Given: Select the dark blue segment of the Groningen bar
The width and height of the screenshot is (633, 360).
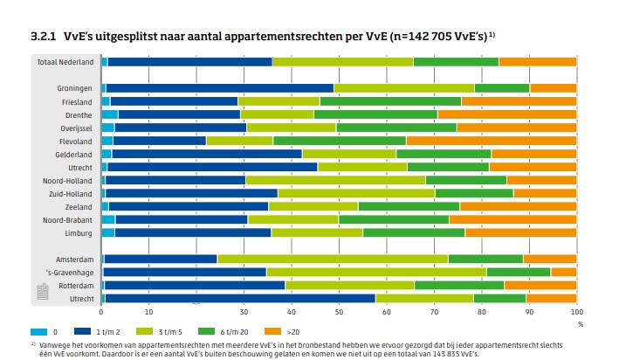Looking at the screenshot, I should coord(219,87).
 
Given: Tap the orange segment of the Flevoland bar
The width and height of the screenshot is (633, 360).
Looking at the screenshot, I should coord(491,140).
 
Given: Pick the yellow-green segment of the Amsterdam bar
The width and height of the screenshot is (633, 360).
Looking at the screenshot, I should coord(332,259).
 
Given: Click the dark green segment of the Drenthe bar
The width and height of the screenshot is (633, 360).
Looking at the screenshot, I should coord(375,114).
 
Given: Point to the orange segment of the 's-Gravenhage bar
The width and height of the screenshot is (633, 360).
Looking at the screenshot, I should coord(563,272).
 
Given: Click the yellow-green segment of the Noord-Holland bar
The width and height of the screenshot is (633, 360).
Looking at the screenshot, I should coord(335,180).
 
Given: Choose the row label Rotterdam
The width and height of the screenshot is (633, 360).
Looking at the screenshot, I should coord(74,285).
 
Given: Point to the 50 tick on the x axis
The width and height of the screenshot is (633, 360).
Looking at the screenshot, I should coord(339,312).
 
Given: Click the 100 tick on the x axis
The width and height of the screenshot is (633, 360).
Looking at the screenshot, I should coord(575,312).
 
